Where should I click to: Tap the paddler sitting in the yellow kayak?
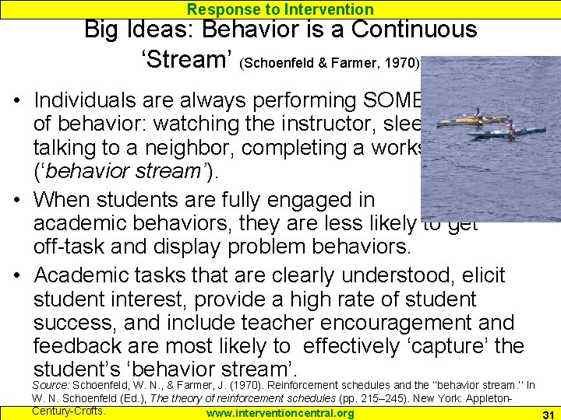478,114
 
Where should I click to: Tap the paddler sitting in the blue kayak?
510,127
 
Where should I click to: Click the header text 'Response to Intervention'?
280,9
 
